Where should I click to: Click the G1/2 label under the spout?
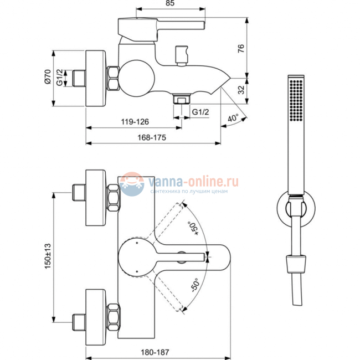tap(200, 112)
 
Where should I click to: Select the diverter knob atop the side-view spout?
tap(181, 54)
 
